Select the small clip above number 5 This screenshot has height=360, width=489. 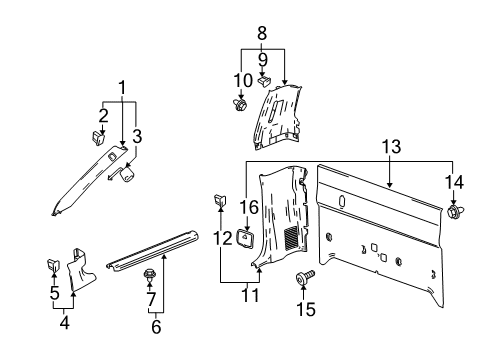tap(55, 264)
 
